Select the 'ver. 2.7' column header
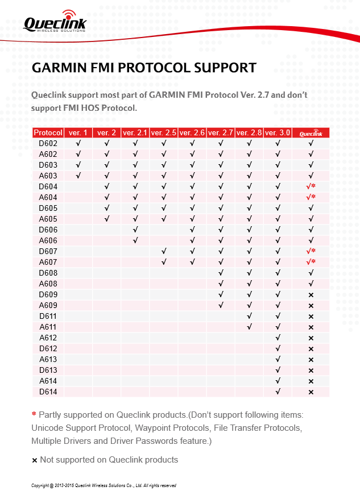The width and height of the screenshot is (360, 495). [x=221, y=132]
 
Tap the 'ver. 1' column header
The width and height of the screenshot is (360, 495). [x=78, y=132]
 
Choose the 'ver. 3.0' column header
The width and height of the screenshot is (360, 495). [x=278, y=132]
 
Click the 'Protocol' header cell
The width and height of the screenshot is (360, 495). [x=48, y=132]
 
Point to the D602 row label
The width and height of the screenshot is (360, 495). [x=48, y=143]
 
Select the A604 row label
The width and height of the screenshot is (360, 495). [x=48, y=197]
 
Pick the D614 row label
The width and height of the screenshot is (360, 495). [x=48, y=392]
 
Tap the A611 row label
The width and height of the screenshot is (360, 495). [x=48, y=327]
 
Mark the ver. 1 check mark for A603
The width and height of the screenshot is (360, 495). [x=78, y=176]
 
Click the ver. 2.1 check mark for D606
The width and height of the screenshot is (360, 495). [x=135, y=230]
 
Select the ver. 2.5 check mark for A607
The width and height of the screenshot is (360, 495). [x=164, y=262]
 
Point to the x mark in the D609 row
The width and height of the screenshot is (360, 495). [x=311, y=295]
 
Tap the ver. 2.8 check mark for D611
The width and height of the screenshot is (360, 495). [x=249, y=316]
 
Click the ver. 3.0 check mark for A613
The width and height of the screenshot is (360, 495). [x=278, y=359]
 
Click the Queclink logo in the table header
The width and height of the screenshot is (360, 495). [x=311, y=132]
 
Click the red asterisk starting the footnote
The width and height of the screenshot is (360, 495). [x=34, y=414]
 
